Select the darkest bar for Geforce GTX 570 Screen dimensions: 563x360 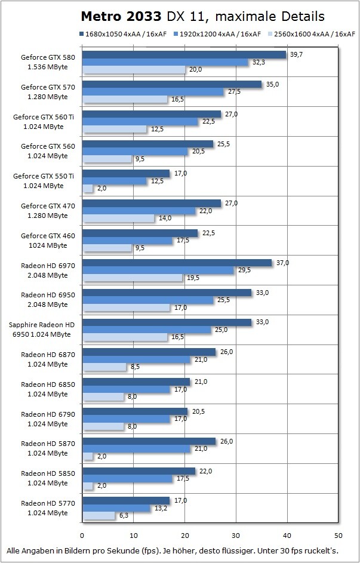click(171, 84)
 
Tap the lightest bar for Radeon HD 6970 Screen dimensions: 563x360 click(132, 278)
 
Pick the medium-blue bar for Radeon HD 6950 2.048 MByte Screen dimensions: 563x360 click(147, 300)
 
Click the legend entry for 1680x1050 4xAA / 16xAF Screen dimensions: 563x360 click(122, 34)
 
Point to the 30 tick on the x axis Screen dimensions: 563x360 click(236, 534)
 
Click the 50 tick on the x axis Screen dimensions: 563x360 click(339, 534)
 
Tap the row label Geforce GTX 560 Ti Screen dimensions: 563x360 click(47, 117)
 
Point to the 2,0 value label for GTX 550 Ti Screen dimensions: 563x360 click(103, 189)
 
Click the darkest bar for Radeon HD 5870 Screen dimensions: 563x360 click(149, 441)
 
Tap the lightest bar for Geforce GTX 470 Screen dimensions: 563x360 click(118, 218)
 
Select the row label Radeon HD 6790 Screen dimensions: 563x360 click(47, 414)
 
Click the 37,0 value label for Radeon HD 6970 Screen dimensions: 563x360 click(282, 263)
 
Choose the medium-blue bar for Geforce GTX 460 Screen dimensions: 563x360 click(127, 241)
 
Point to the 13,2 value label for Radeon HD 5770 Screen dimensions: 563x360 click(160, 508)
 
